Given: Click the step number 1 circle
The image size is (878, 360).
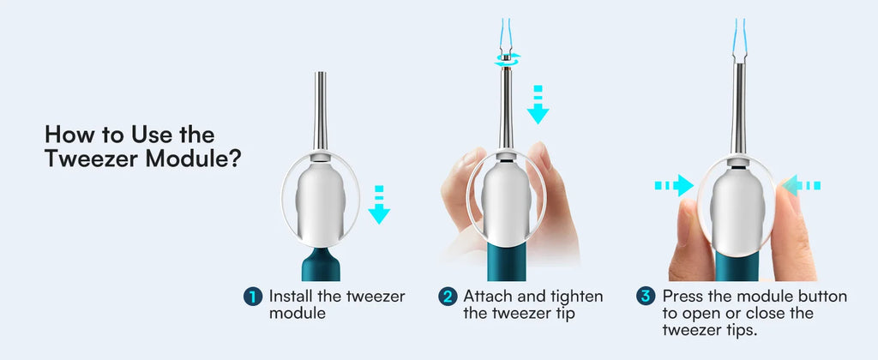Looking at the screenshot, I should tap(252, 297).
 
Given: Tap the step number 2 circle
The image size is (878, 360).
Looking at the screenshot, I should tap(448, 297).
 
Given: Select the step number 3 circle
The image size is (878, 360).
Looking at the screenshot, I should tap(646, 297).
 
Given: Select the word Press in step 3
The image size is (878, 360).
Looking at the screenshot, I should tap(684, 297).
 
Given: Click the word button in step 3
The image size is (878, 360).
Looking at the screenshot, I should tap(824, 297).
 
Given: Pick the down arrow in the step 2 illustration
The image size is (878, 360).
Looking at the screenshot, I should tap(538, 105).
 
